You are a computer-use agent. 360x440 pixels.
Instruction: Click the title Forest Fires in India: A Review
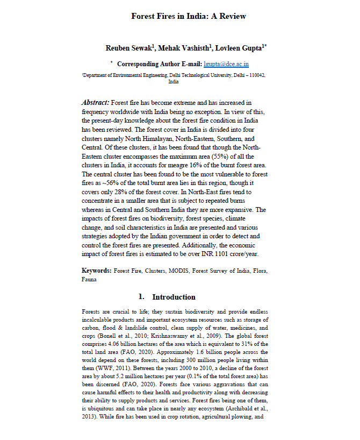pos(189,16)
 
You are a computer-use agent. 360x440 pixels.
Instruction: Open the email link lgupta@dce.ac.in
pos(226,63)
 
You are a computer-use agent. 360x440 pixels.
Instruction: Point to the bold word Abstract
pos(95,102)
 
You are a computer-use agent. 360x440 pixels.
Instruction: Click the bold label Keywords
pos(97,271)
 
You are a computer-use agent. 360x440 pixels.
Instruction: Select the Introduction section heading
pos(174,297)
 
